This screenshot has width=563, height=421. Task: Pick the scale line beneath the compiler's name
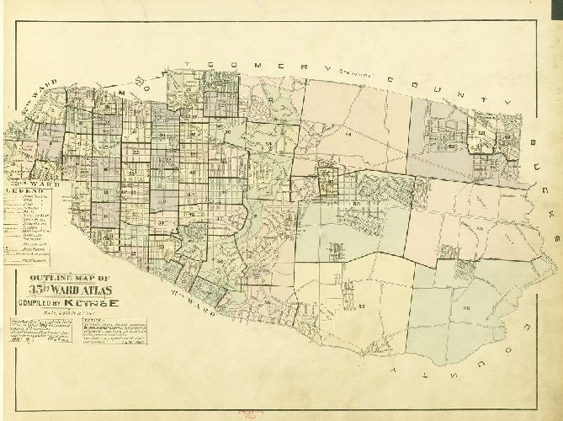tap(63, 315)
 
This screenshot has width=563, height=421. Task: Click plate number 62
tap(451, 146)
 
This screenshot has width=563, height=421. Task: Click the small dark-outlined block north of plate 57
tap(326, 181)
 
